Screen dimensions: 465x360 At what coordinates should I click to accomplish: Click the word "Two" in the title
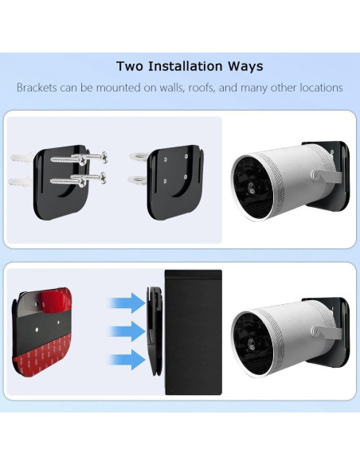coord(131,66)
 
